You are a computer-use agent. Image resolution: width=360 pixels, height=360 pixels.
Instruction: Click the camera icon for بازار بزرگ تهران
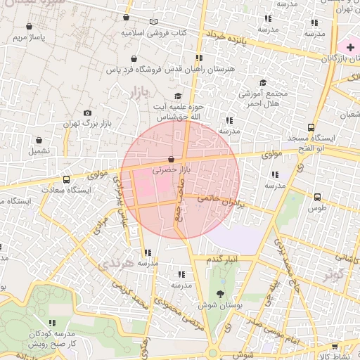tap(87, 112)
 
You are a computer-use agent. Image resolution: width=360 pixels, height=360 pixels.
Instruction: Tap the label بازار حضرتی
tap(172, 170)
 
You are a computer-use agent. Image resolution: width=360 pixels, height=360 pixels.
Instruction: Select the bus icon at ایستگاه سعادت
tap(66, 179)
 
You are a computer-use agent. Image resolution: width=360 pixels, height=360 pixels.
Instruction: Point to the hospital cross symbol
tap(350, 46)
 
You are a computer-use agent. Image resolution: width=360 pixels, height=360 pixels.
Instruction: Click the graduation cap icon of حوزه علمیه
tap(178, 96)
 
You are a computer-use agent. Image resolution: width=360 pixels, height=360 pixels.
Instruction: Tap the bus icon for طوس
tap(317, 198)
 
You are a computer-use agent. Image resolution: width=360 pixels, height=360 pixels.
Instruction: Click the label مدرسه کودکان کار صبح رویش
tap(51, 340)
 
